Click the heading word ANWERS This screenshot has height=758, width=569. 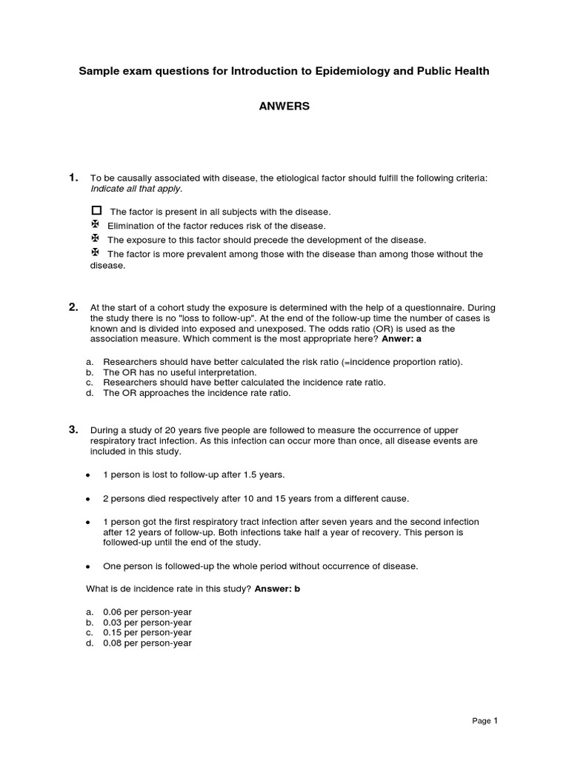click(284, 106)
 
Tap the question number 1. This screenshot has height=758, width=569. click(73, 178)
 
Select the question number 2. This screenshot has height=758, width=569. click(73, 306)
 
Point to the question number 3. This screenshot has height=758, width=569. click(73, 429)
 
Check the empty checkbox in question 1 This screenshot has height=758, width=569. click(96, 211)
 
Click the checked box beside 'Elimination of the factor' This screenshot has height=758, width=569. click(95, 224)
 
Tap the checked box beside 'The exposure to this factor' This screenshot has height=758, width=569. click(95, 238)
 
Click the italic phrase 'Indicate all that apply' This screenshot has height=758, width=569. click(136, 189)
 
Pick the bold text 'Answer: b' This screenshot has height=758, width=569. click(278, 588)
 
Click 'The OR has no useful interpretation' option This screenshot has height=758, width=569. click(180, 372)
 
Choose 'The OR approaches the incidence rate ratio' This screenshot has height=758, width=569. click(196, 393)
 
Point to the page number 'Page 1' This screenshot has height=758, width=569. click(485, 720)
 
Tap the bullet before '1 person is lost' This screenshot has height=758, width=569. click(89, 474)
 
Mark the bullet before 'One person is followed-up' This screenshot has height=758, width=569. click(89, 566)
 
